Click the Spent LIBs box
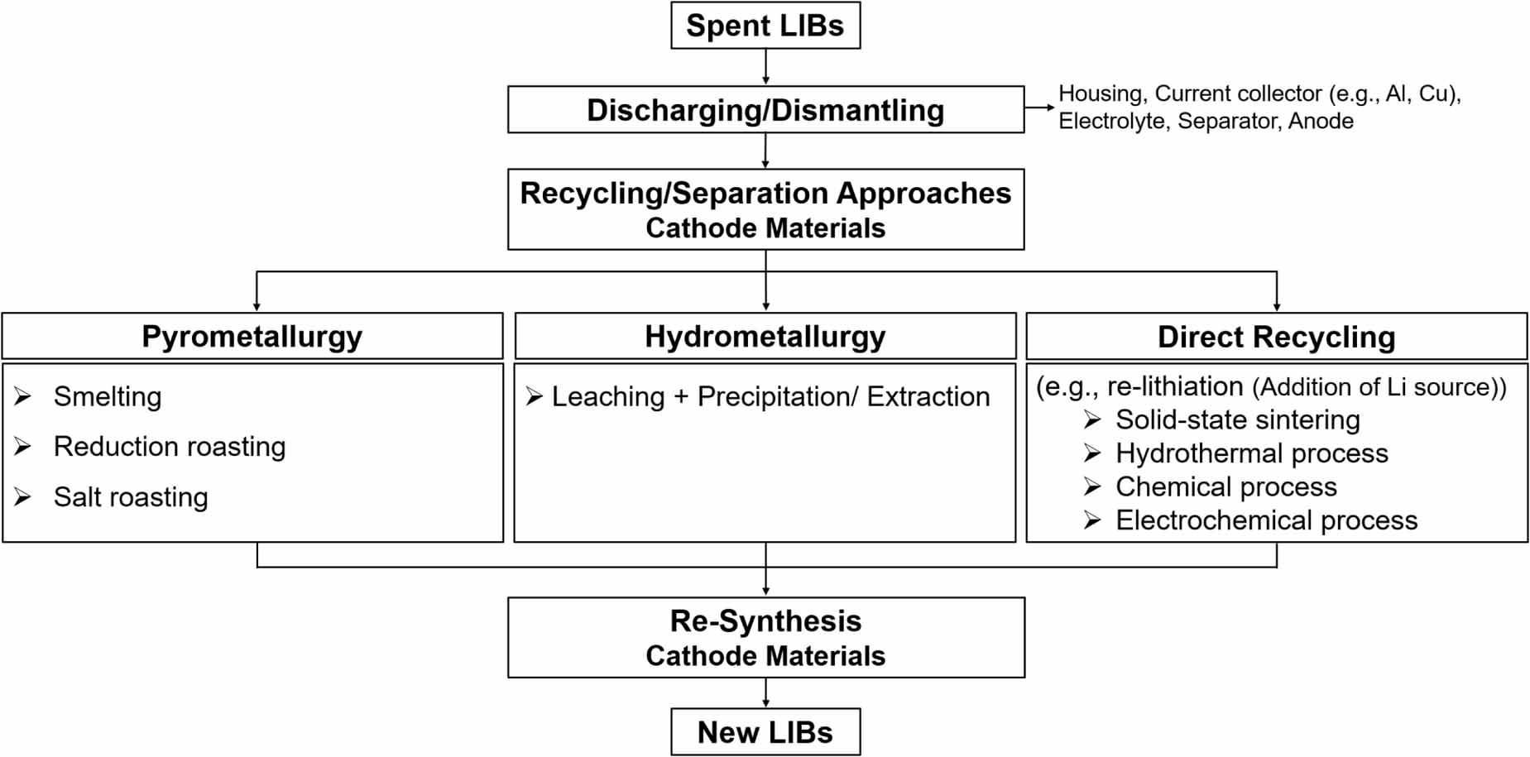(765, 26)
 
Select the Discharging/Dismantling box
(765, 110)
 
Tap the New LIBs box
(765, 732)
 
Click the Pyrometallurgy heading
(252, 337)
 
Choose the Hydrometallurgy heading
(765, 337)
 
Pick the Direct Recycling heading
(1277, 337)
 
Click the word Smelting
(108, 397)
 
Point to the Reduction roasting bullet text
(170, 447)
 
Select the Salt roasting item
(131, 497)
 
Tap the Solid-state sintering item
(1238, 420)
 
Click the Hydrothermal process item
(1252, 453)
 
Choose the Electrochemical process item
(1267, 520)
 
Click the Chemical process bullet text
(1226, 487)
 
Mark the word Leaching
(608, 397)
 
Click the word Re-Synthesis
(765, 621)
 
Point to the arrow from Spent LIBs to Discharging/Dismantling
(765, 67)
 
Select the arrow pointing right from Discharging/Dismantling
(1040, 108)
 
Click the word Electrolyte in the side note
(1112, 122)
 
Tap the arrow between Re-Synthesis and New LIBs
(765, 692)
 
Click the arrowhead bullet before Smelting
(23, 397)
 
